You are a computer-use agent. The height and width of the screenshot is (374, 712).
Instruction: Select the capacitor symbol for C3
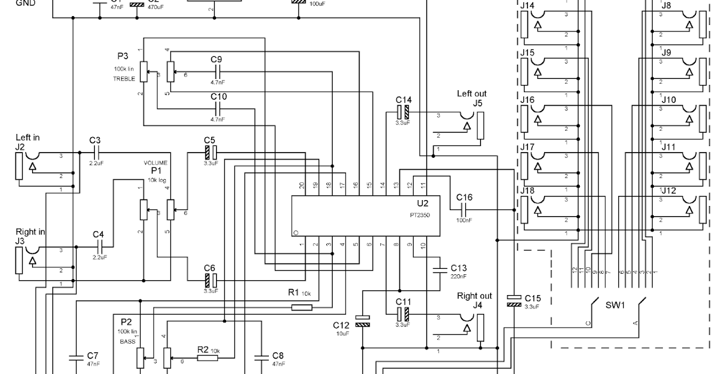(x=95, y=153)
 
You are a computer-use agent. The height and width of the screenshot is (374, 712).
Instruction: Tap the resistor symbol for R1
(x=302, y=307)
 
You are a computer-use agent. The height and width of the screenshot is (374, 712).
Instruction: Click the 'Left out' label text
(x=472, y=93)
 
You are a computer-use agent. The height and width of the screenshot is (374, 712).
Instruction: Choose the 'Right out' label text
(x=474, y=296)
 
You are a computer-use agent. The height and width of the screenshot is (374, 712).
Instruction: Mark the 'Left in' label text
(x=28, y=138)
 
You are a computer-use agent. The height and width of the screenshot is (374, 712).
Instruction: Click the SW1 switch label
(x=615, y=305)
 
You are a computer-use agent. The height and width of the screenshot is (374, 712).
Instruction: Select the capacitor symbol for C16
(x=465, y=209)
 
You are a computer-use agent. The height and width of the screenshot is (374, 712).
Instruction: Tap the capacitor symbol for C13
(x=439, y=271)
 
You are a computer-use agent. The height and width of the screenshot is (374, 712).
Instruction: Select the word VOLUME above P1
(x=156, y=163)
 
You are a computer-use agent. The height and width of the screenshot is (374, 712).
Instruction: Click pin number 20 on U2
(x=302, y=185)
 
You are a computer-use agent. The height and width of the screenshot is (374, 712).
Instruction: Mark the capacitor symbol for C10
(x=218, y=108)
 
